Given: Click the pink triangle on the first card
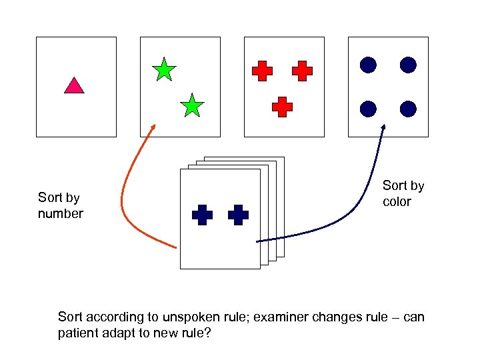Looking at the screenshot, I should [x=74, y=86].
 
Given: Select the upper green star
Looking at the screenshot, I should [x=164, y=70].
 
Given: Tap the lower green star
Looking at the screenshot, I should [x=192, y=105].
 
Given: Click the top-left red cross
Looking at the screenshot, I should [x=262, y=71].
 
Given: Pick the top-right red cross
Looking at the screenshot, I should [x=302, y=71].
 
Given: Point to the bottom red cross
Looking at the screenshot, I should [x=282, y=106].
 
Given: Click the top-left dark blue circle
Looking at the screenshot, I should [x=368, y=65].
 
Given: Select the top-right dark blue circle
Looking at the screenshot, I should [x=408, y=65].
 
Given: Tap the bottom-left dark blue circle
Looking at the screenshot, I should [x=368, y=108].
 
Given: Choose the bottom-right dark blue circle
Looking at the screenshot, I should [x=408, y=108].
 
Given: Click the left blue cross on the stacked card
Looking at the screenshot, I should [x=202, y=215].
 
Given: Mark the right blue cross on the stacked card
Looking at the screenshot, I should [x=238, y=215].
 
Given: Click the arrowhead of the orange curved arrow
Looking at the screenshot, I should [x=154, y=127].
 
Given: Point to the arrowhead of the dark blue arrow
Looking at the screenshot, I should [x=383, y=127].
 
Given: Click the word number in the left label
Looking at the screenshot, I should [x=61, y=214].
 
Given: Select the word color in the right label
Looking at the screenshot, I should [x=397, y=201].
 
